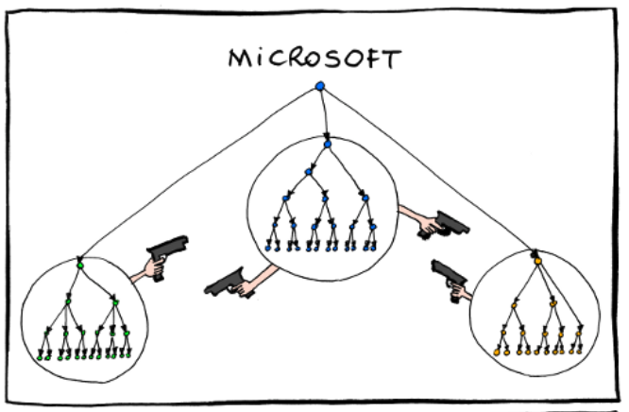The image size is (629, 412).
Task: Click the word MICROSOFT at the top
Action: point(314,60)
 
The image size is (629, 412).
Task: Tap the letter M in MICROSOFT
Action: point(240,60)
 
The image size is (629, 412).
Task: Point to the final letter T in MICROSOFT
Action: point(390,60)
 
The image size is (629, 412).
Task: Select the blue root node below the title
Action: point(320,88)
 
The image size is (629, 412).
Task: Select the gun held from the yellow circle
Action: point(449,276)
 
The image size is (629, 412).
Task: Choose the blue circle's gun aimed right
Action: point(449,223)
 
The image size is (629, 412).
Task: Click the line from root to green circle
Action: point(198,175)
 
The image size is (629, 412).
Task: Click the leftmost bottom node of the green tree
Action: point(40,357)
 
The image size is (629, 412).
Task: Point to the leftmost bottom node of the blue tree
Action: point(270,247)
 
